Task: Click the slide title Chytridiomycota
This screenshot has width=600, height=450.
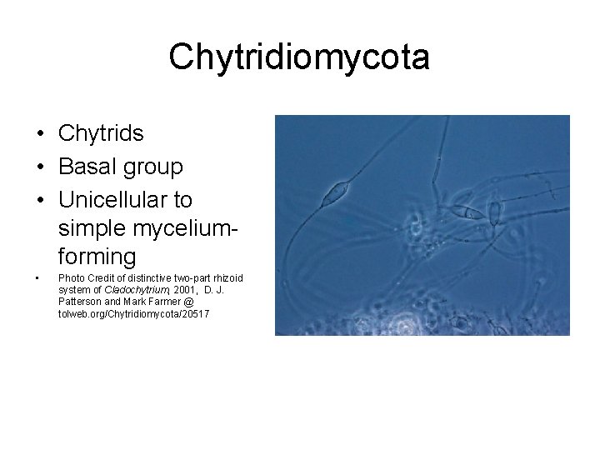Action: pyautogui.click(x=299, y=58)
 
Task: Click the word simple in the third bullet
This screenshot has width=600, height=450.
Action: pyautogui.click(x=87, y=227)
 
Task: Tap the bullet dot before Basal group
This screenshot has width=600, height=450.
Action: pyautogui.click(x=40, y=167)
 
